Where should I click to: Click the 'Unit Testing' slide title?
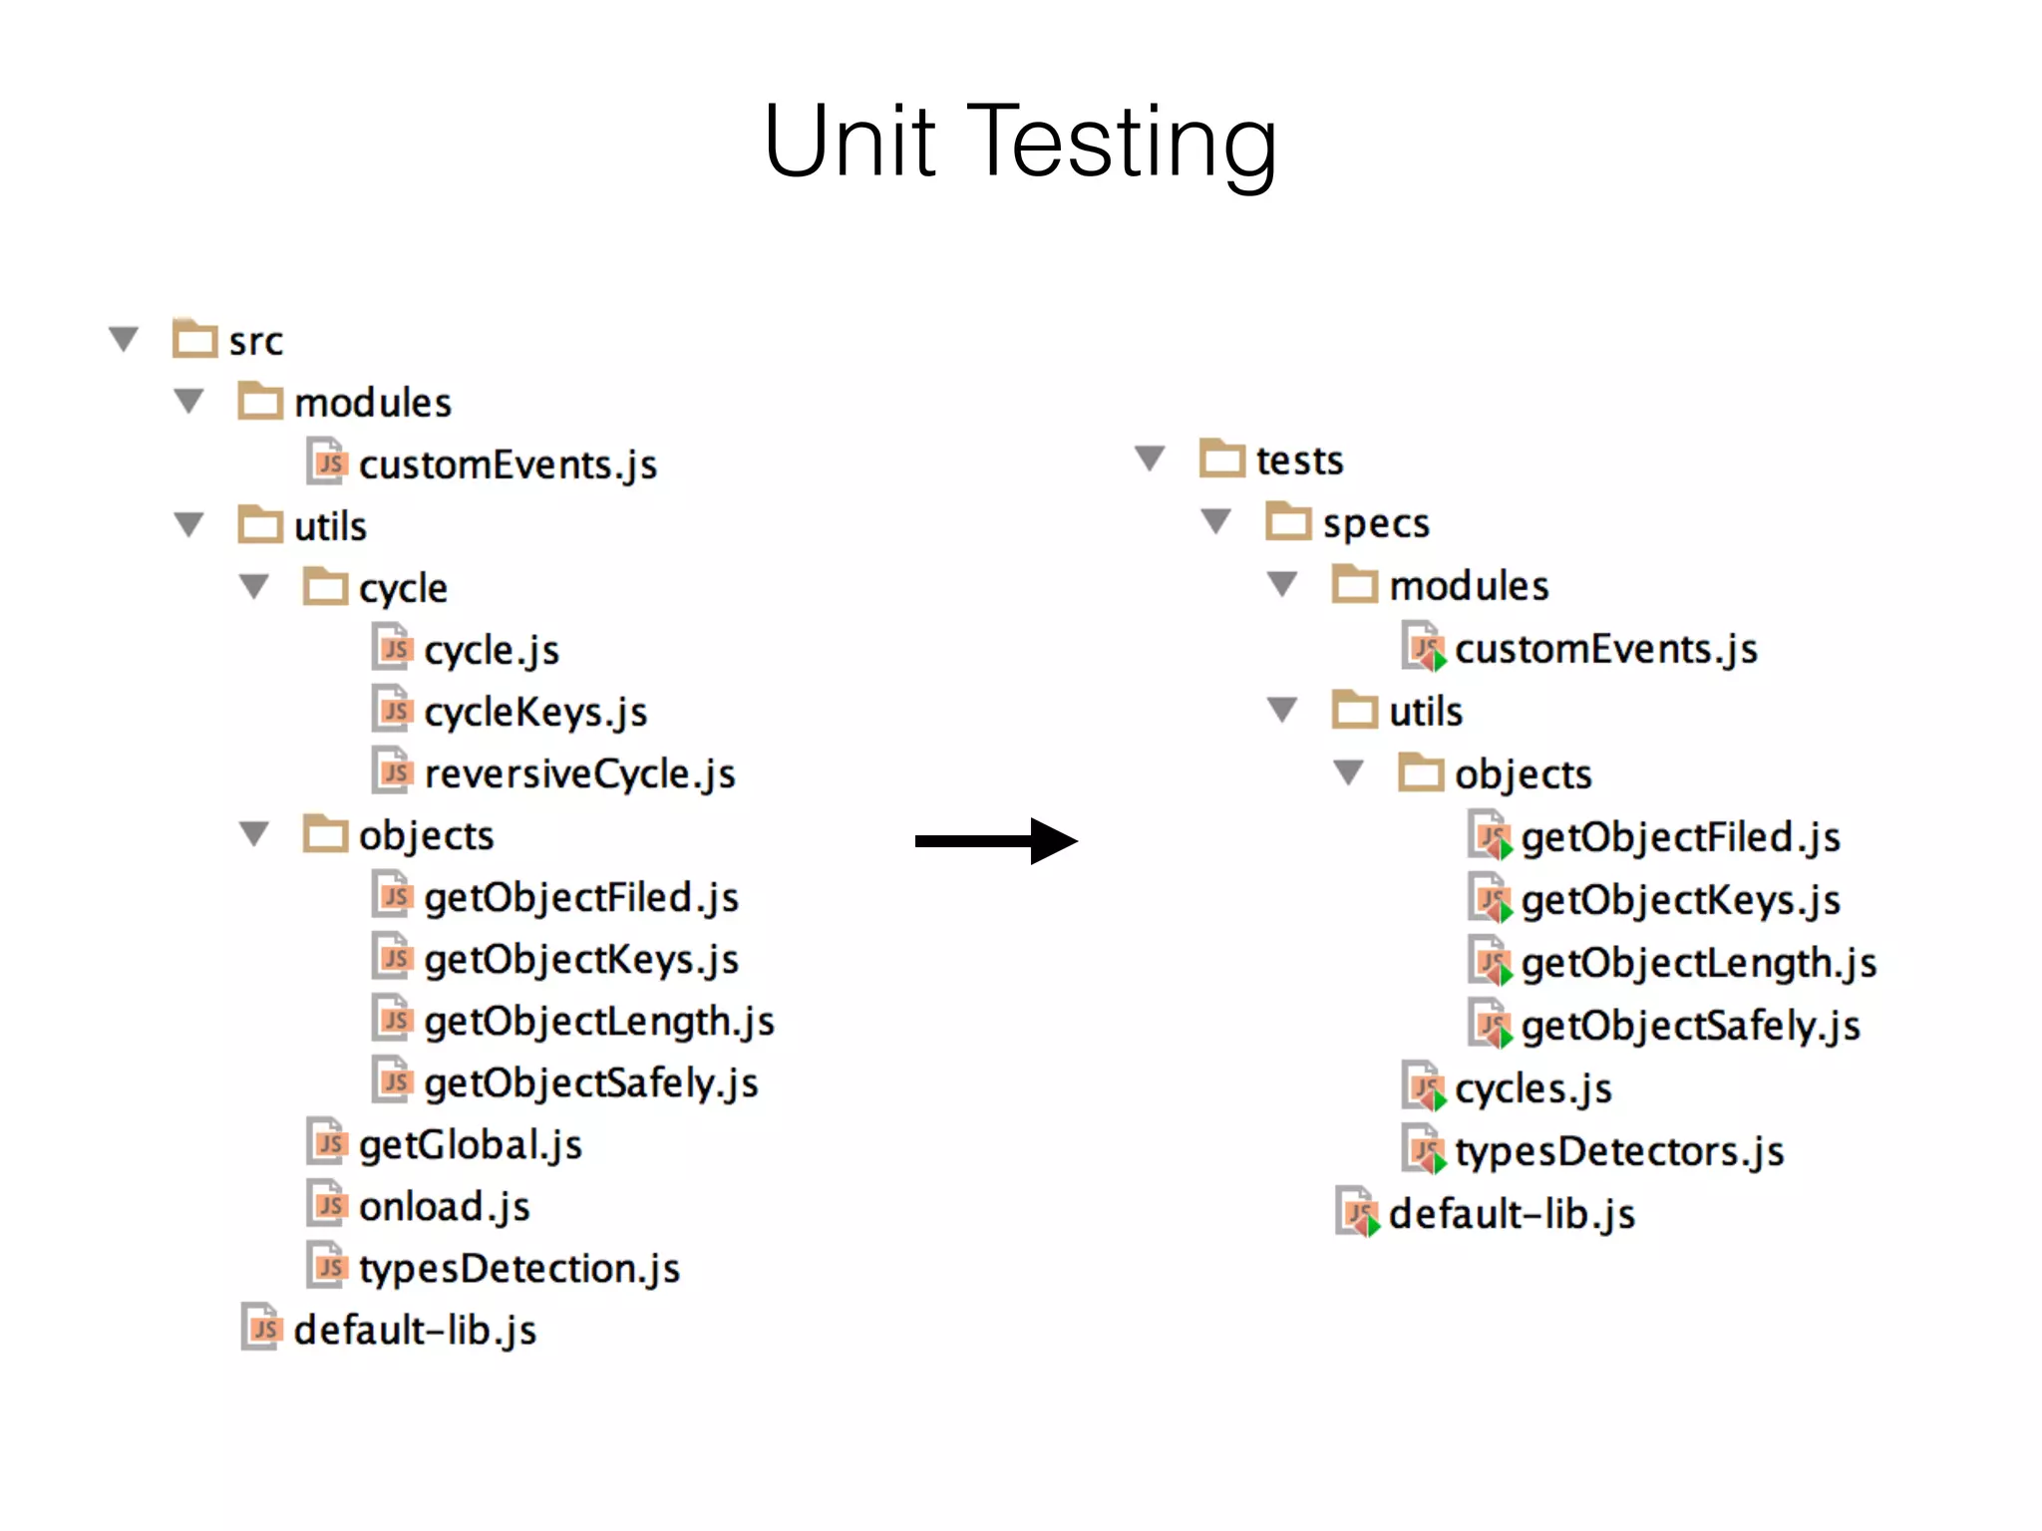(1019, 142)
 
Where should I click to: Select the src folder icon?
(194, 339)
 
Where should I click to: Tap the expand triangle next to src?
(124, 340)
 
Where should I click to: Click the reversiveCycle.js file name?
(579, 774)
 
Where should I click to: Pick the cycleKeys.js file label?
(535, 713)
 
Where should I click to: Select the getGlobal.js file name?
(470, 1145)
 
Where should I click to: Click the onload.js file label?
(444, 1207)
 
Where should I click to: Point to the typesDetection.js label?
(518, 1269)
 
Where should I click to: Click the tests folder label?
(1299, 460)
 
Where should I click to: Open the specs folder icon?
(1288, 521)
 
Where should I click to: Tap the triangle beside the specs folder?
(1216, 521)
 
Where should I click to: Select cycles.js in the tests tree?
(1532, 1088)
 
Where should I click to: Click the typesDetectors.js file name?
(1618, 1151)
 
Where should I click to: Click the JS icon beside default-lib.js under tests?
(1357, 1212)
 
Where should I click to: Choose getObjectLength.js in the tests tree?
(1698, 963)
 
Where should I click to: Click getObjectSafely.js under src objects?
(590, 1083)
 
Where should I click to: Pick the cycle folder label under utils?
(403, 588)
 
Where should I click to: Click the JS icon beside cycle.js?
(393, 649)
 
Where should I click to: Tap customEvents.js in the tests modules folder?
(1605, 649)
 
